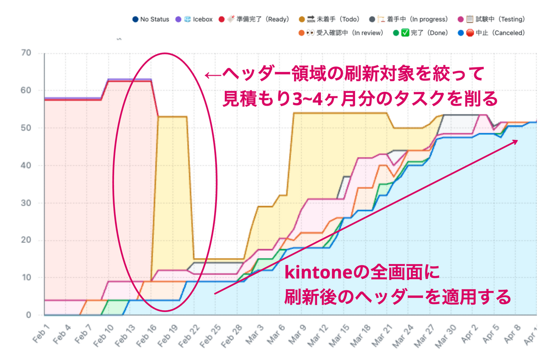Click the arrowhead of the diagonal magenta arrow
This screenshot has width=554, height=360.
[x=514, y=142]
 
